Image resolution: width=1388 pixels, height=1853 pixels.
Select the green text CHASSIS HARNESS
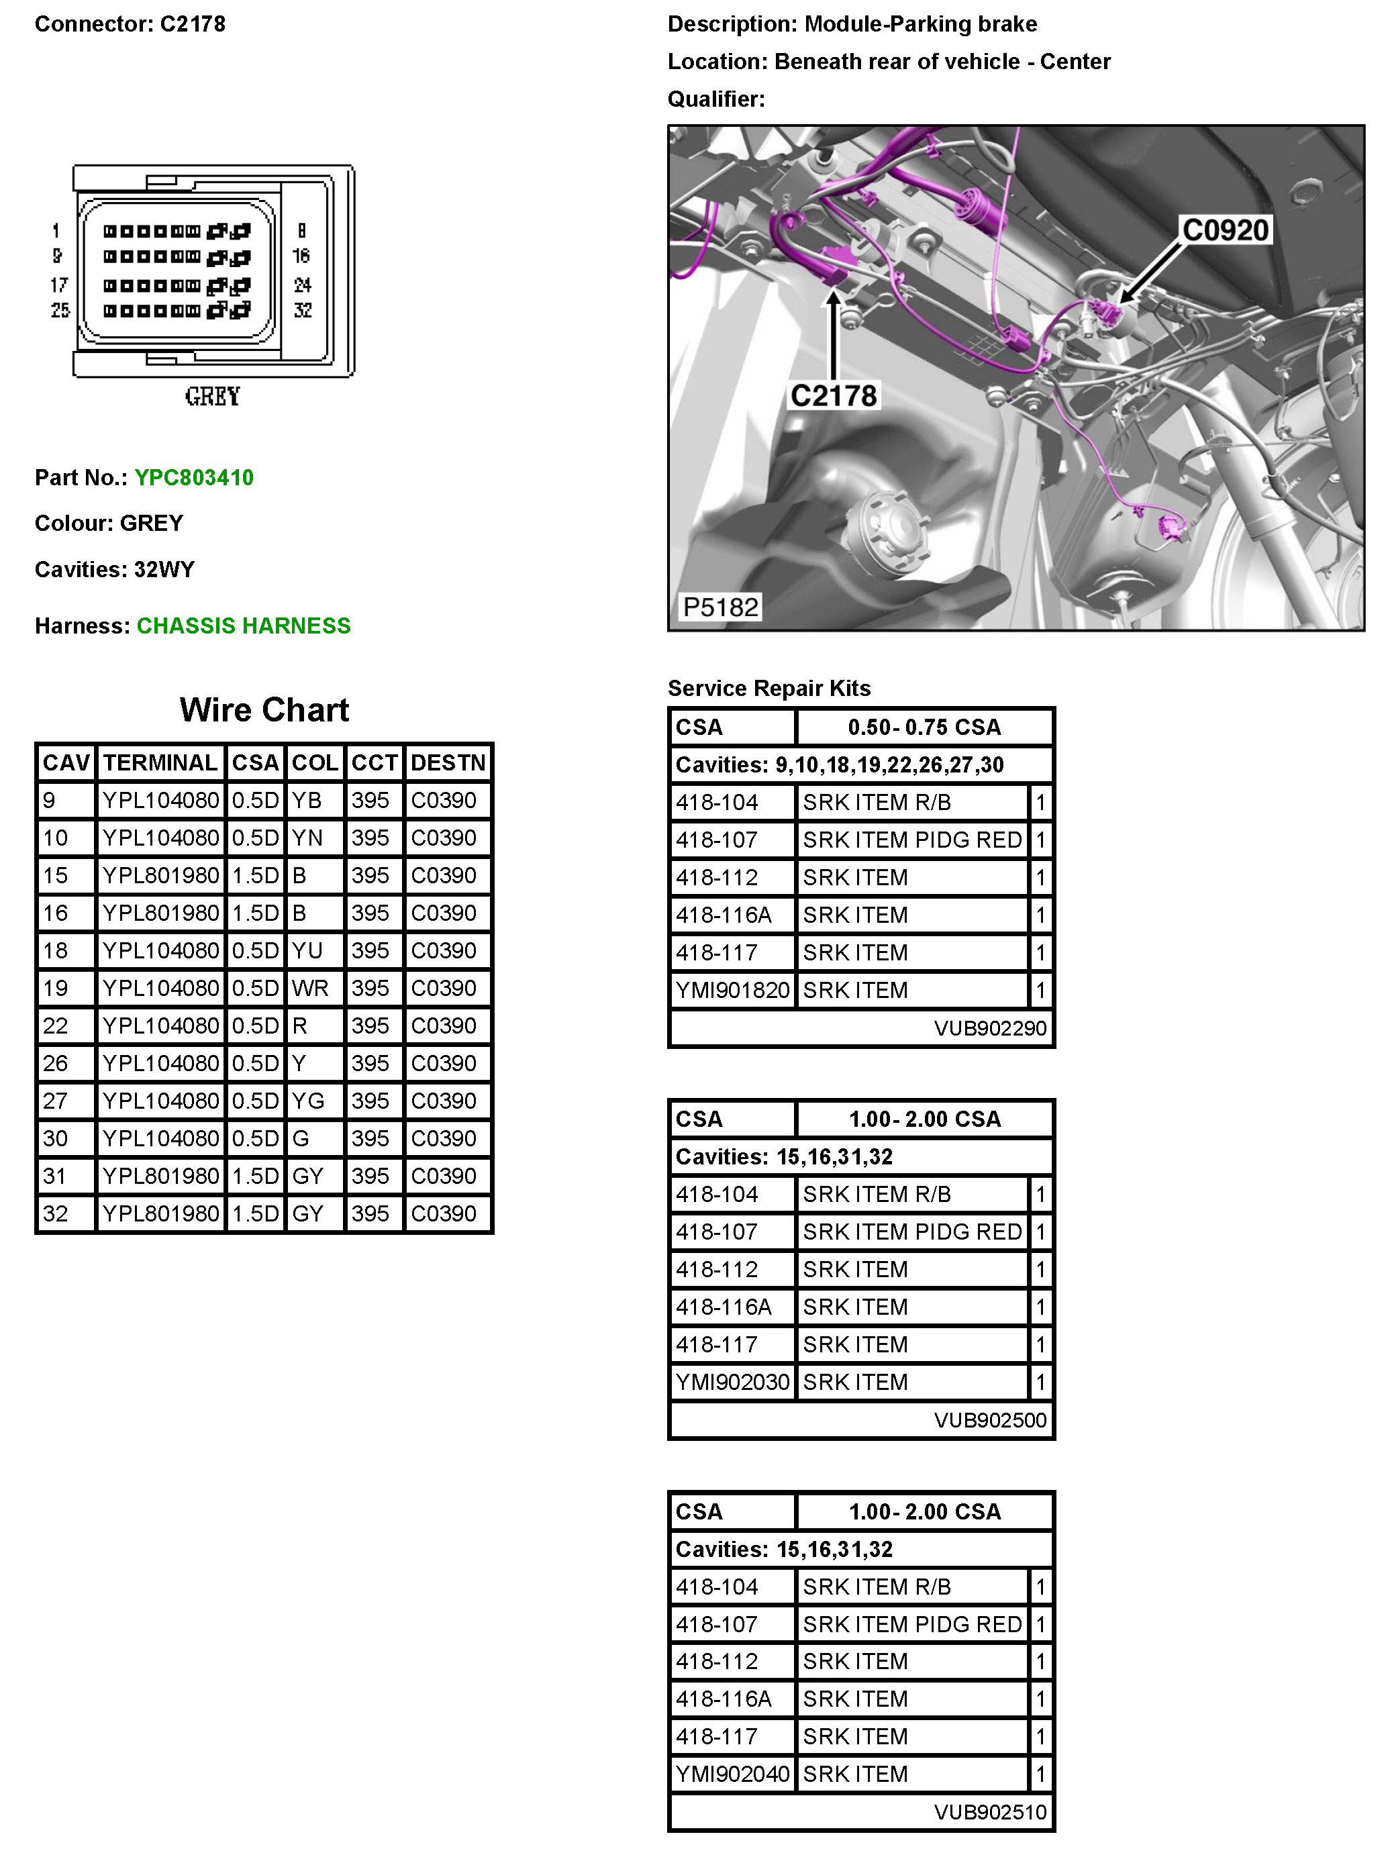(243, 625)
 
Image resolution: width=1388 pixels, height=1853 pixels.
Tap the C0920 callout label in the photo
(1225, 230)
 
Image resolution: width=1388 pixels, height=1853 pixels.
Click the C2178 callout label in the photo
(834, 395)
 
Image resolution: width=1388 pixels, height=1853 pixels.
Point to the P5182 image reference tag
(720, 607)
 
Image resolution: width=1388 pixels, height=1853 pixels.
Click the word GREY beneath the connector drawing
(213, 396)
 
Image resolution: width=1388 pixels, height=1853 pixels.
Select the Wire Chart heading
(264, 709)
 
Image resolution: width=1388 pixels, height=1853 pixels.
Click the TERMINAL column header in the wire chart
(160, 762)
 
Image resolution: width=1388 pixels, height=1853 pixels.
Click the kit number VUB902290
(990, 1028)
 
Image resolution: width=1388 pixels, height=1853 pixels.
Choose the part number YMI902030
(732, 1383)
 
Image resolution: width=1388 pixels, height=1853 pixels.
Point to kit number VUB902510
(990, 1812)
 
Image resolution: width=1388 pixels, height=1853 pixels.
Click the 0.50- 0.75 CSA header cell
(924, 727)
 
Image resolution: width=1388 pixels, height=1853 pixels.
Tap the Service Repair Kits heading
(769, 688)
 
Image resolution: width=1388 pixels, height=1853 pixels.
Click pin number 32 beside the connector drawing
(303, 310)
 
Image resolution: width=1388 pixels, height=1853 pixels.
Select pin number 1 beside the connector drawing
(56, 230)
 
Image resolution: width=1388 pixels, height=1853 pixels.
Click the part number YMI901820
(732, 990)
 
